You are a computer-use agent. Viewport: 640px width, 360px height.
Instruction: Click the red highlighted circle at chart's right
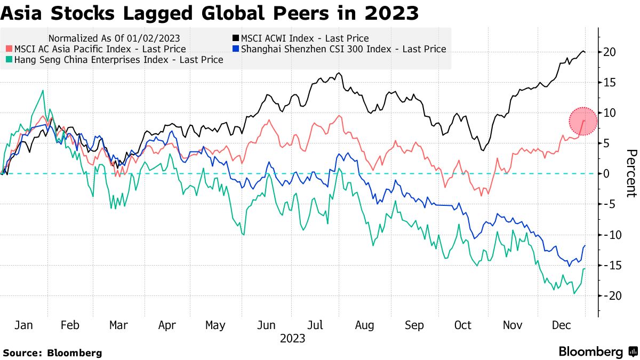583,121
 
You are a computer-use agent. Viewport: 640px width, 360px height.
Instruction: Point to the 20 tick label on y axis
610,52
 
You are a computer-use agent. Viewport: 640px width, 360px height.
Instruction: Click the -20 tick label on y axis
608,295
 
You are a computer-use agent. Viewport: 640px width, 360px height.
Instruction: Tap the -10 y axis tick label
608,235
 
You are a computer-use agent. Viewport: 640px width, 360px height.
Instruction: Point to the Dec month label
562,325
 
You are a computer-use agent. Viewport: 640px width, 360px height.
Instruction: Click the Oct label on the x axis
462,325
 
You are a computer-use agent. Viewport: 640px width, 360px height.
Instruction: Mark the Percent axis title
630,173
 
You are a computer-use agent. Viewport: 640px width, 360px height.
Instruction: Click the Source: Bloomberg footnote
52,353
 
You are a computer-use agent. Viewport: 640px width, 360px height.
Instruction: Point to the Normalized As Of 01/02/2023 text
114,38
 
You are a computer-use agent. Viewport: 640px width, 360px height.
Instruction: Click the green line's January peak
43,91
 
